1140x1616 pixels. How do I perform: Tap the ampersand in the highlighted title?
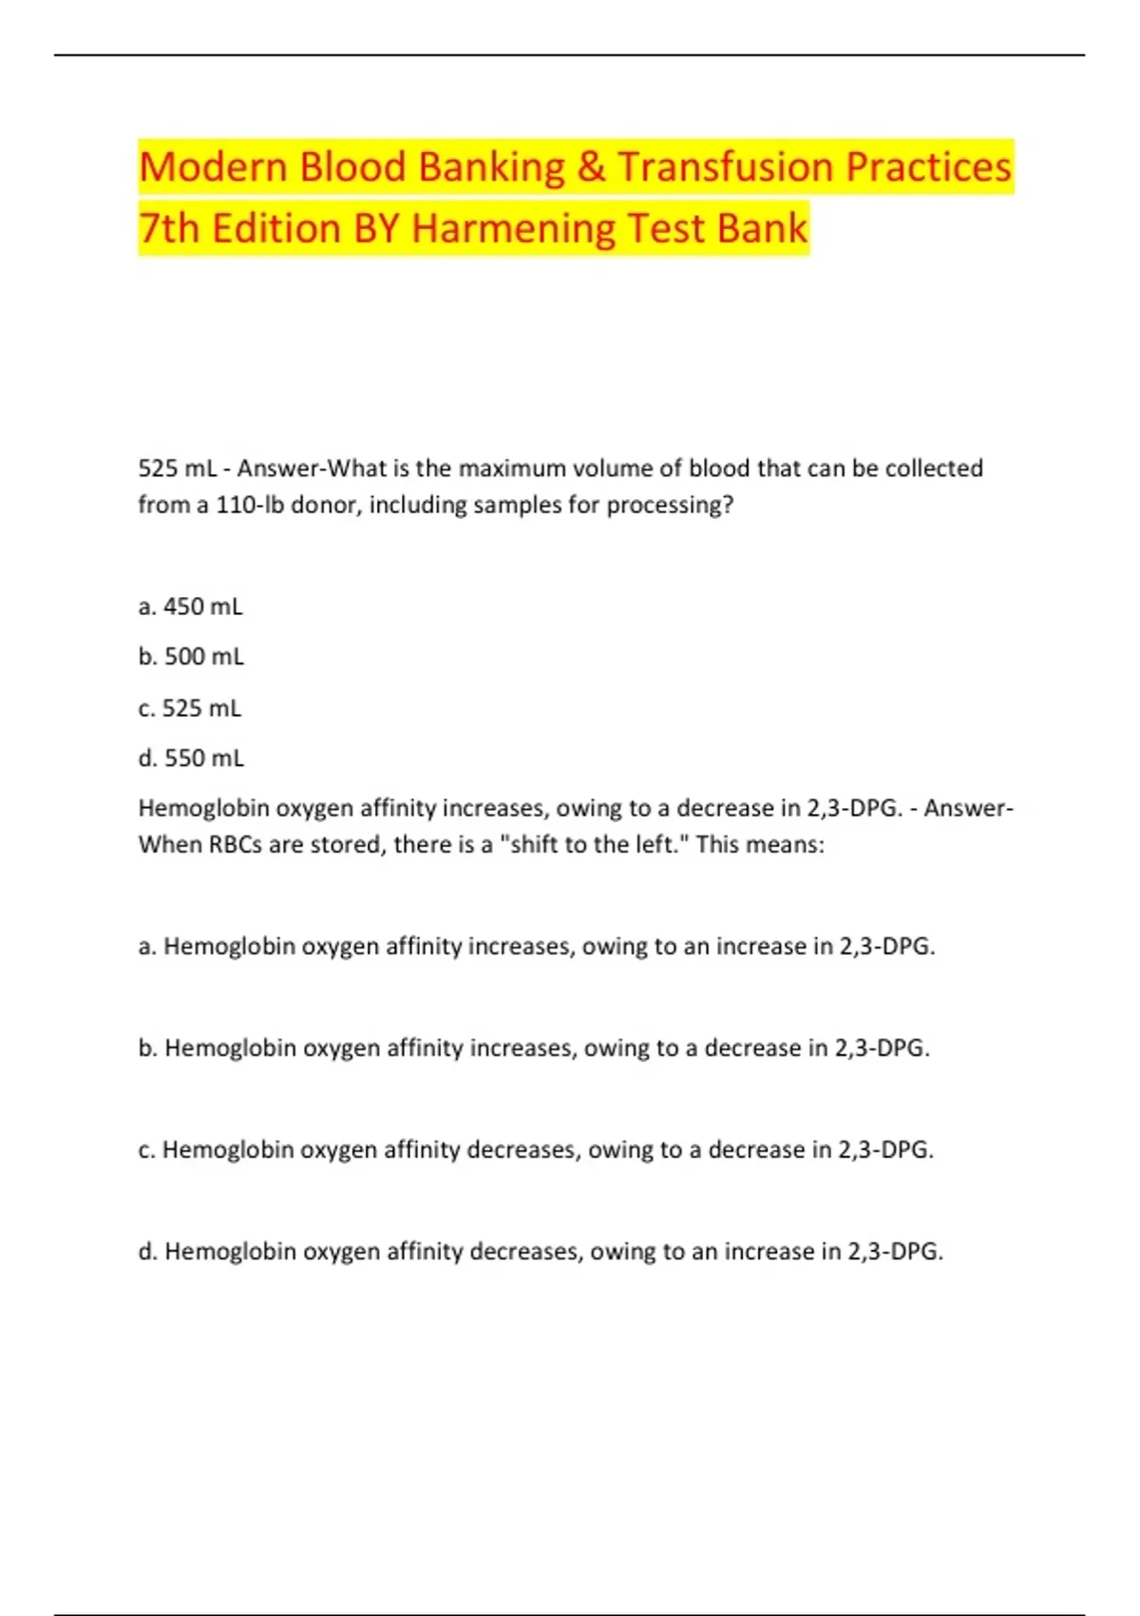tap(590, 167)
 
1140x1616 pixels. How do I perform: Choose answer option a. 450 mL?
tap(190, 606)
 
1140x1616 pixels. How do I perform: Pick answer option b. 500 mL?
tap(191, 657)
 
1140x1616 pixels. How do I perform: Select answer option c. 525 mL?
tap(190, 708)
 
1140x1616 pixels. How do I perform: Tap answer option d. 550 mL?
tap(191, 759)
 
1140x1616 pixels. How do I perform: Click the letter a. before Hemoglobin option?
tap(147, 947)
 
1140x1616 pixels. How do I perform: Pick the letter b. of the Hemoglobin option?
tap(147, 1048)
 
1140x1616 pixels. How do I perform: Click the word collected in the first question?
tap(934, 469)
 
